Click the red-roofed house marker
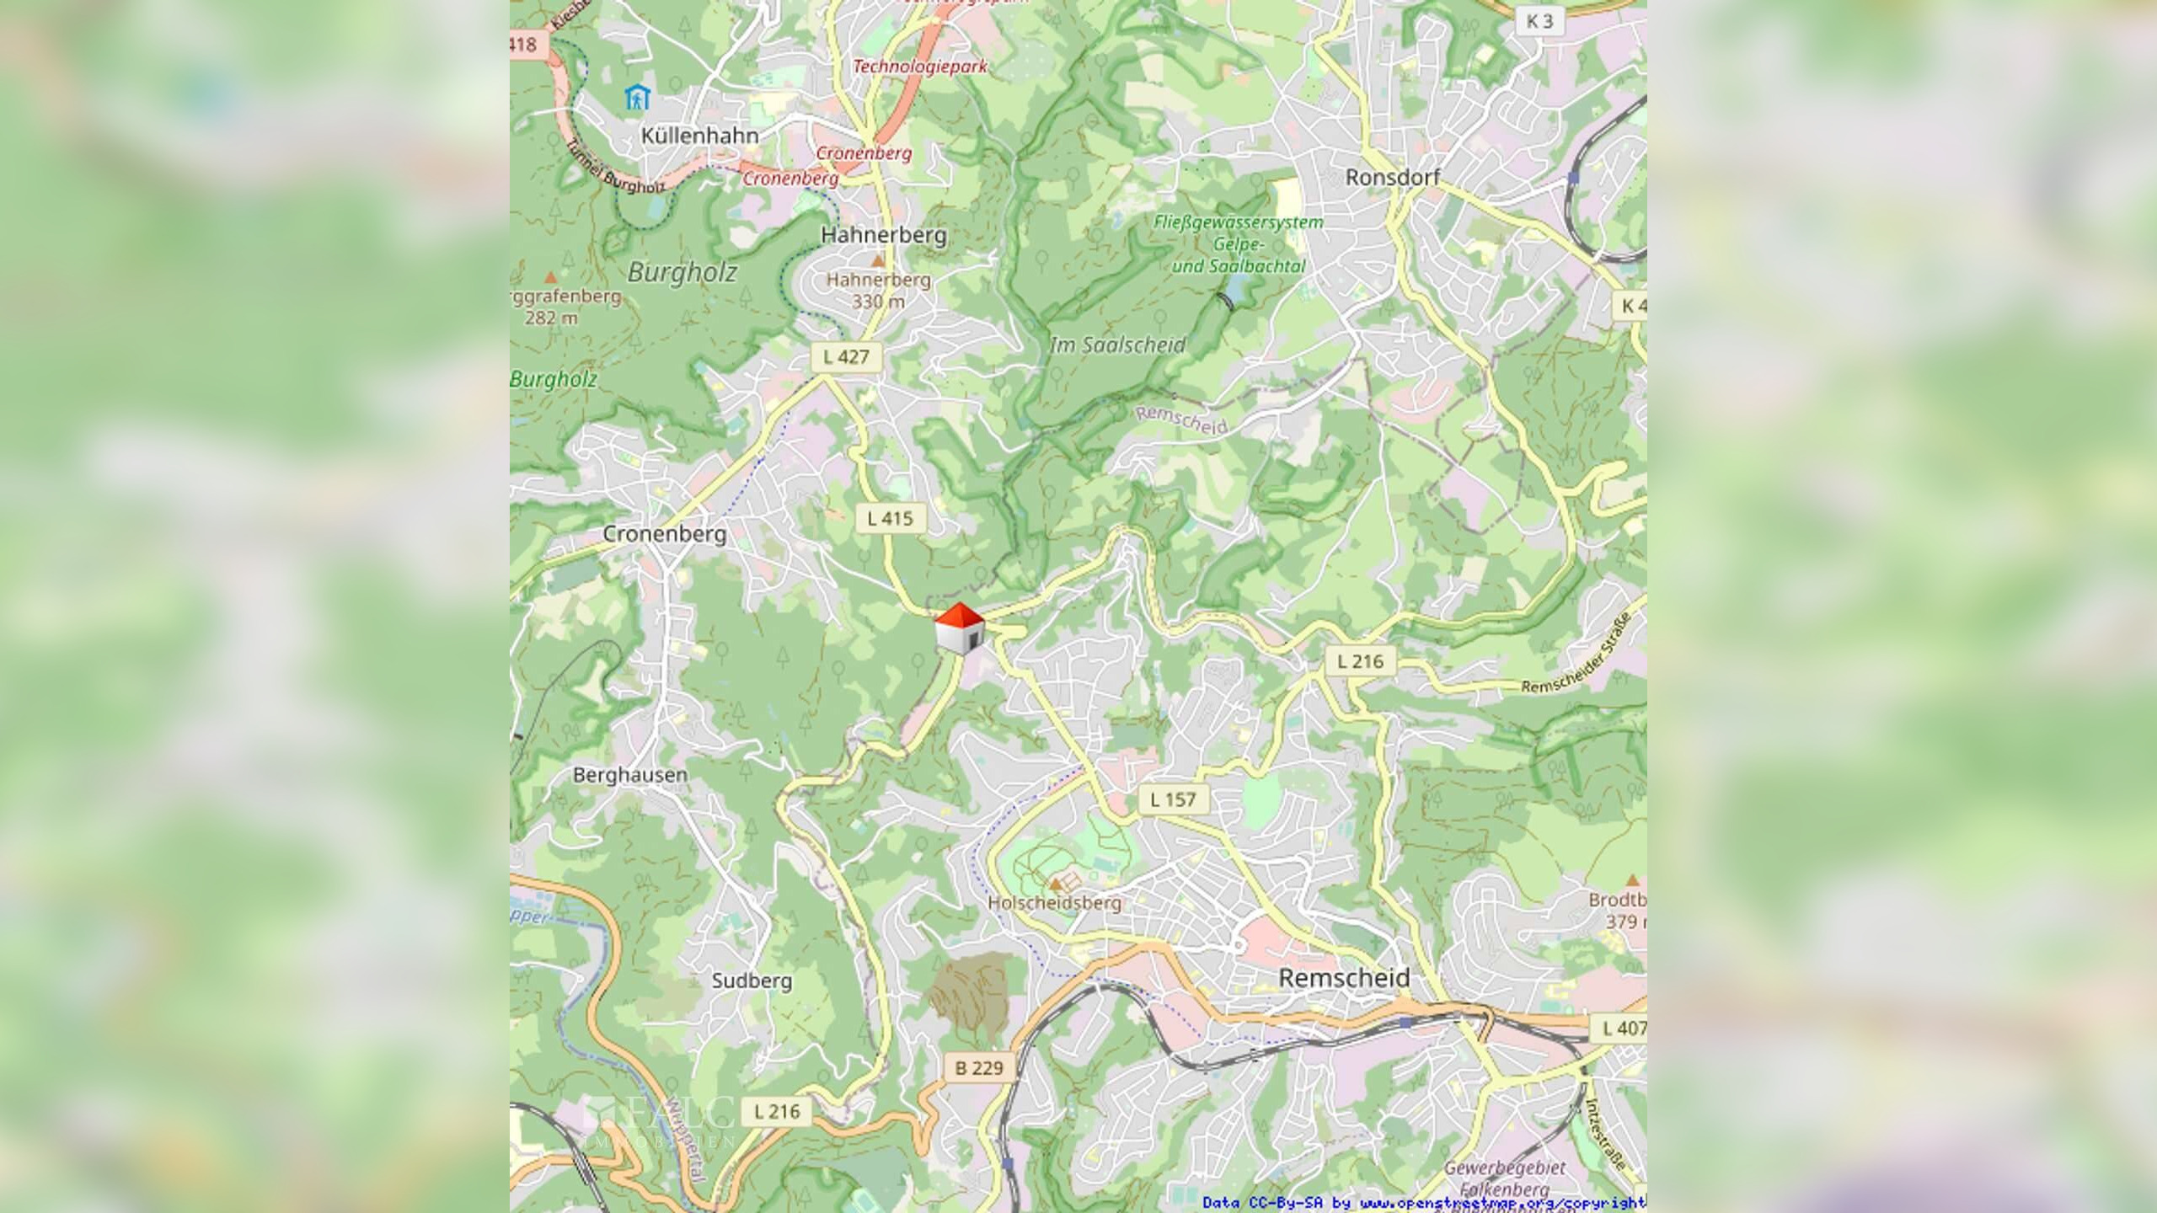point(960,628)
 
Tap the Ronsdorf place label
point(1392,178)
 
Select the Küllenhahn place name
point(699,136)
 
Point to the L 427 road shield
point(846,356)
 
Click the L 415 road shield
point(891,518)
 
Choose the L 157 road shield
point(1173,799)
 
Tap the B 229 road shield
point(979,1068)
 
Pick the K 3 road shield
point(1539,21)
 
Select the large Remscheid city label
point(1344,978)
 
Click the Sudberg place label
point(752,981)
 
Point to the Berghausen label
point(630,775)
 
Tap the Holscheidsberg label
point(1054,903)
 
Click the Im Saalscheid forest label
point(1117,345)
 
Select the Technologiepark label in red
point(919,66)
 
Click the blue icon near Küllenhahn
point(638,98)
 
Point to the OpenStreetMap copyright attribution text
point(1423,1203)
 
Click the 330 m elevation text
point(878,302)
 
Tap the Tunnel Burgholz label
point(615,168)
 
